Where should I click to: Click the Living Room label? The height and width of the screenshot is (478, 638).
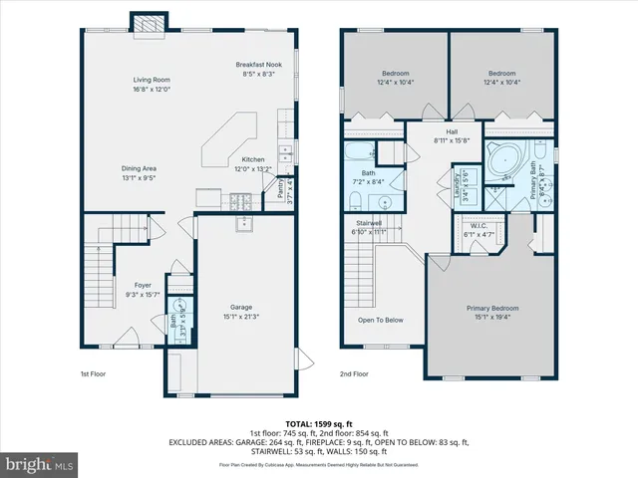(x=153, y=80)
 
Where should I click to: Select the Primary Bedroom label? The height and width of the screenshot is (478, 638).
(x=494, y=308)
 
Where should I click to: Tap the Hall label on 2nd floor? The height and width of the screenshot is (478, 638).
(x=451, y=131)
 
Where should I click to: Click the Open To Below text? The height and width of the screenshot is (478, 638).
(x=381, y=320)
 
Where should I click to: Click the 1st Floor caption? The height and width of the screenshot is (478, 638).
(x=93, y=374)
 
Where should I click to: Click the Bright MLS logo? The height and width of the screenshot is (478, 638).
(x=39, y=464)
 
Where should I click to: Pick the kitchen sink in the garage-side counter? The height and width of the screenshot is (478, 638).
(x=245, y=223)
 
